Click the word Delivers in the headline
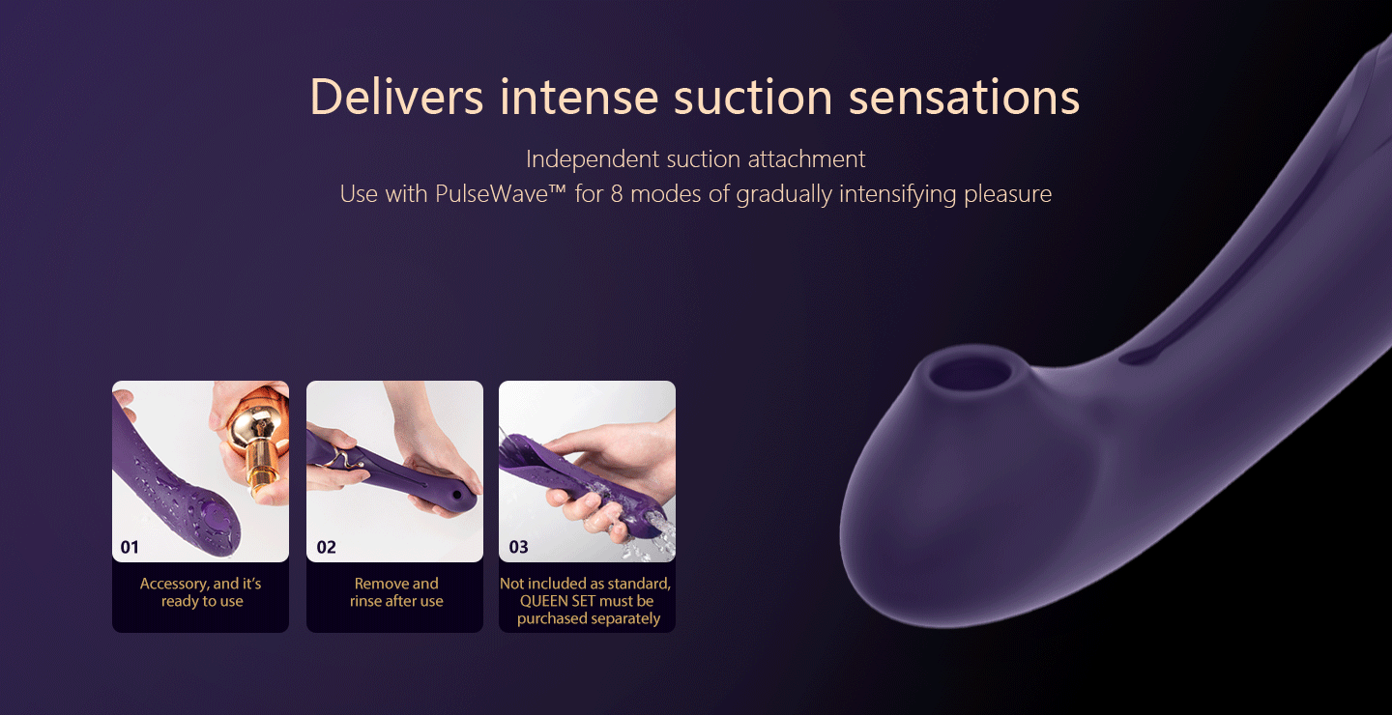point(396,97)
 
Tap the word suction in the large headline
point(753,99)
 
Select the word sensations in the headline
point(964,99)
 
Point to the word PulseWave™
point(501,194)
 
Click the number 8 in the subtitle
point(617,194)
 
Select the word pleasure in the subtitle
point(1007,195)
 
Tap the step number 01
point(130,547)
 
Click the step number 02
point(327,547)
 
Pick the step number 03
point(518,547)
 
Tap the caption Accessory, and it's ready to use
point(201,592)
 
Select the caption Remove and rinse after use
point(396,592)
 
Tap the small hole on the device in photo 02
point(457,495)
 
